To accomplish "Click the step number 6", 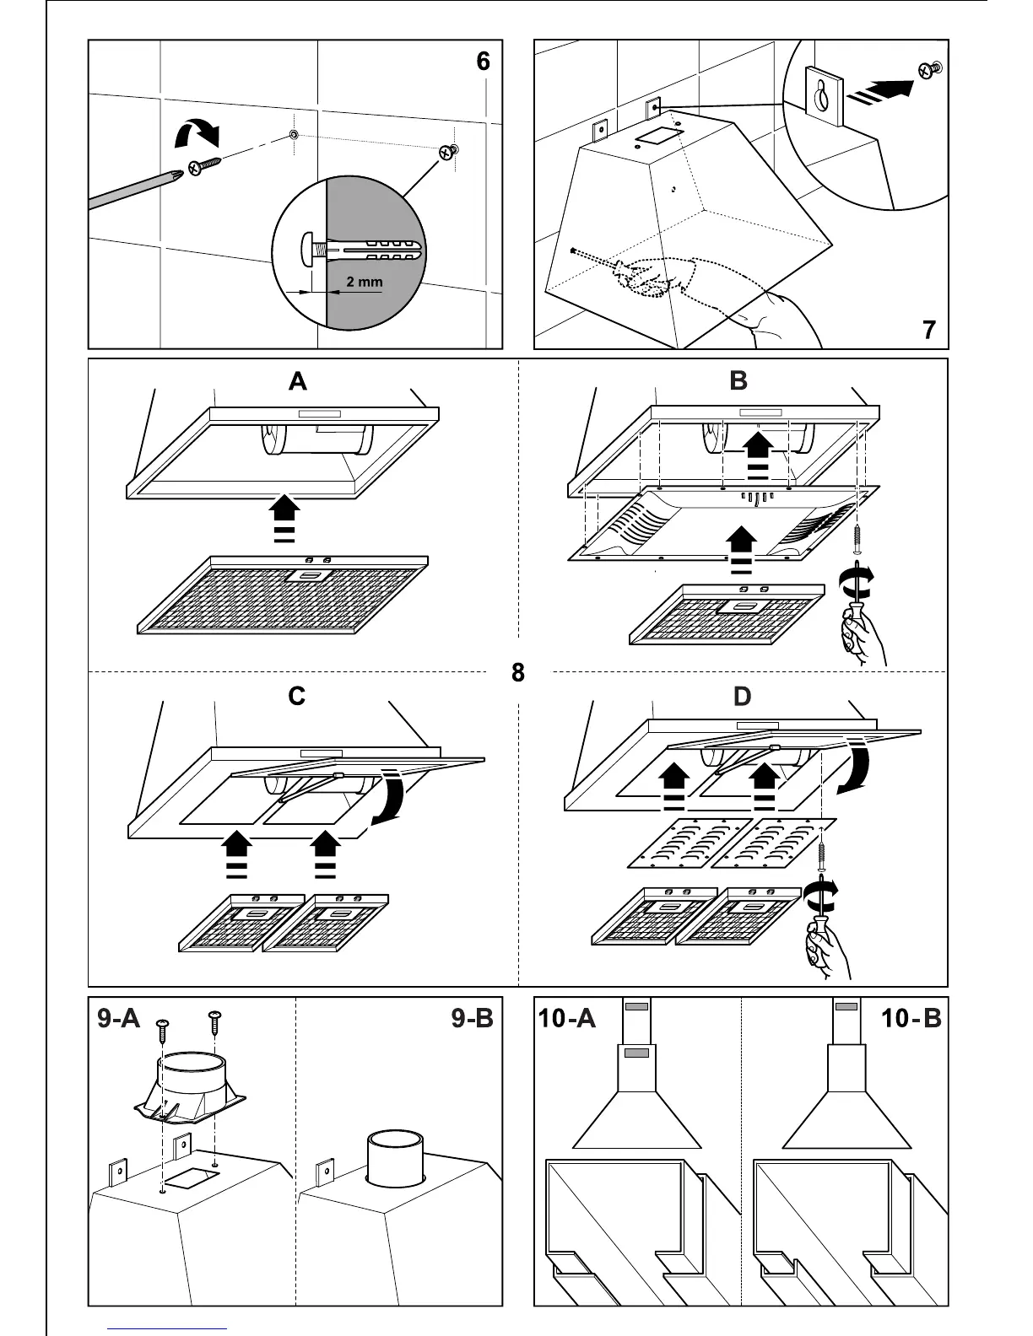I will click(483, 62).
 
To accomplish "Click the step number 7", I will click(928, 329).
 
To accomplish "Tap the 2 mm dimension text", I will click(364, 282).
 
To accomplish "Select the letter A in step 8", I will click(297, 382).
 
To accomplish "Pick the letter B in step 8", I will click(738, 381).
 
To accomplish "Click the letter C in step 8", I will click(296, 697).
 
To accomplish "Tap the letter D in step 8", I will click(742, 697).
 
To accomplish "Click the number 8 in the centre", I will click(517, 672).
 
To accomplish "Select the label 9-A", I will click(118, 1019).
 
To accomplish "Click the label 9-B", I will click(472, 1019).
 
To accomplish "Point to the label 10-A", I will click(567, 1019).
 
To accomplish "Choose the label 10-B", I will click(911, 1019).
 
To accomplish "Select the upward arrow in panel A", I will click(284, 516).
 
